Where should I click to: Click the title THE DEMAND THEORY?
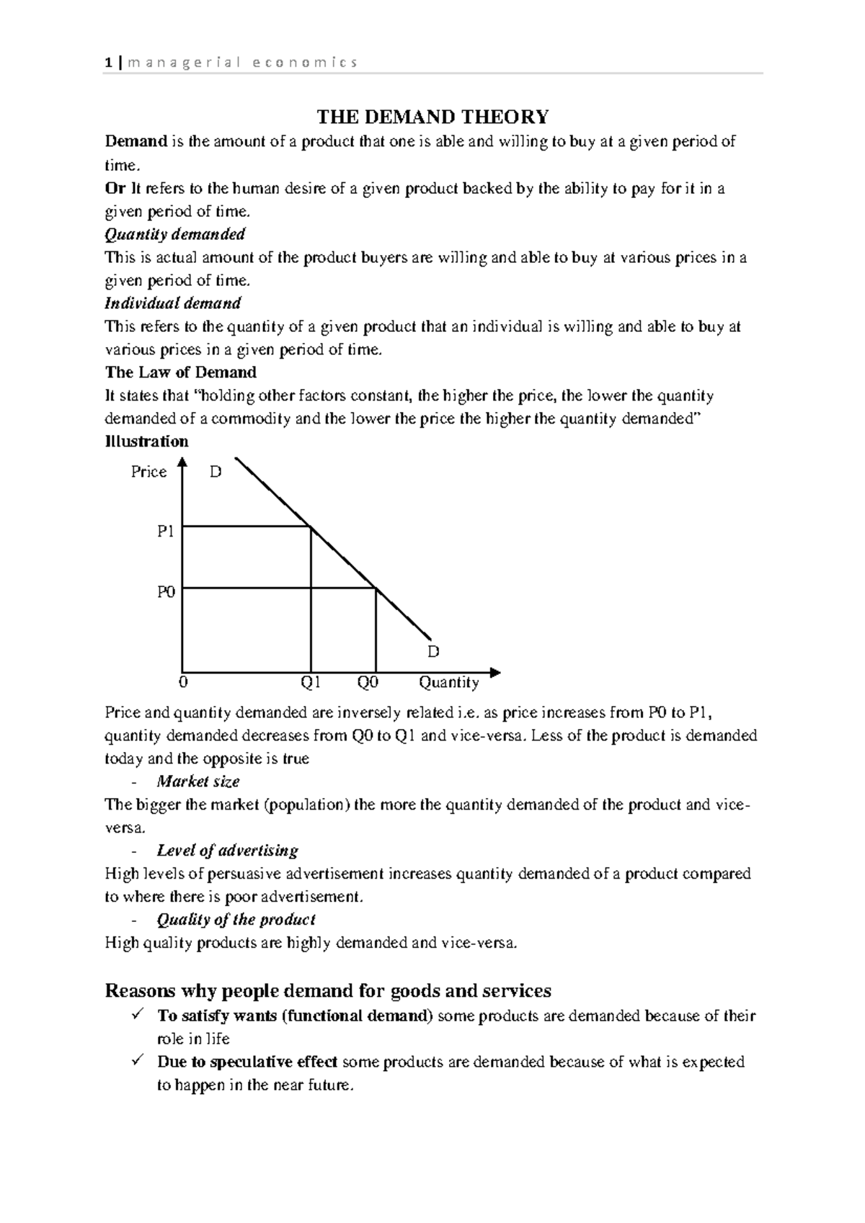click(x=433, y=116)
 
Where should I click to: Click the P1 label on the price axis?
click(x=166, y=532)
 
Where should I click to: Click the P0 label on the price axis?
click(x=166, y=592)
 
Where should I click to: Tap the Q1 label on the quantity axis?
click(x=311, y=682)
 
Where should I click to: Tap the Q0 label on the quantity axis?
click(x=368, y=682)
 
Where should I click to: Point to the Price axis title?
click(x=148, y=472)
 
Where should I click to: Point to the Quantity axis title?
click(x=448, y=682)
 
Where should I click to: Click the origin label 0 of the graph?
click(x=182, y=682)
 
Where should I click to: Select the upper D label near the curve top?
click(x=215, y=472)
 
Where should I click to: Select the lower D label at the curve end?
click(x=432, y=651)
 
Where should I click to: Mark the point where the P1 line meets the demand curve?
click(x=311, y=527)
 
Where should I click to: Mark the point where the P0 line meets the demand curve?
click(x=376, y=588)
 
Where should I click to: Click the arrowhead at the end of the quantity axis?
click(x=494, y=672)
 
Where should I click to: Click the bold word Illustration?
click(x=146, y=442)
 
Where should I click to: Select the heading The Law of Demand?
click(x=180, y=372)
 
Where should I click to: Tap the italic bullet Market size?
click(x=198, y=781)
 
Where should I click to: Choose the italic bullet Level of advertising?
click(x=227, y=851)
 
